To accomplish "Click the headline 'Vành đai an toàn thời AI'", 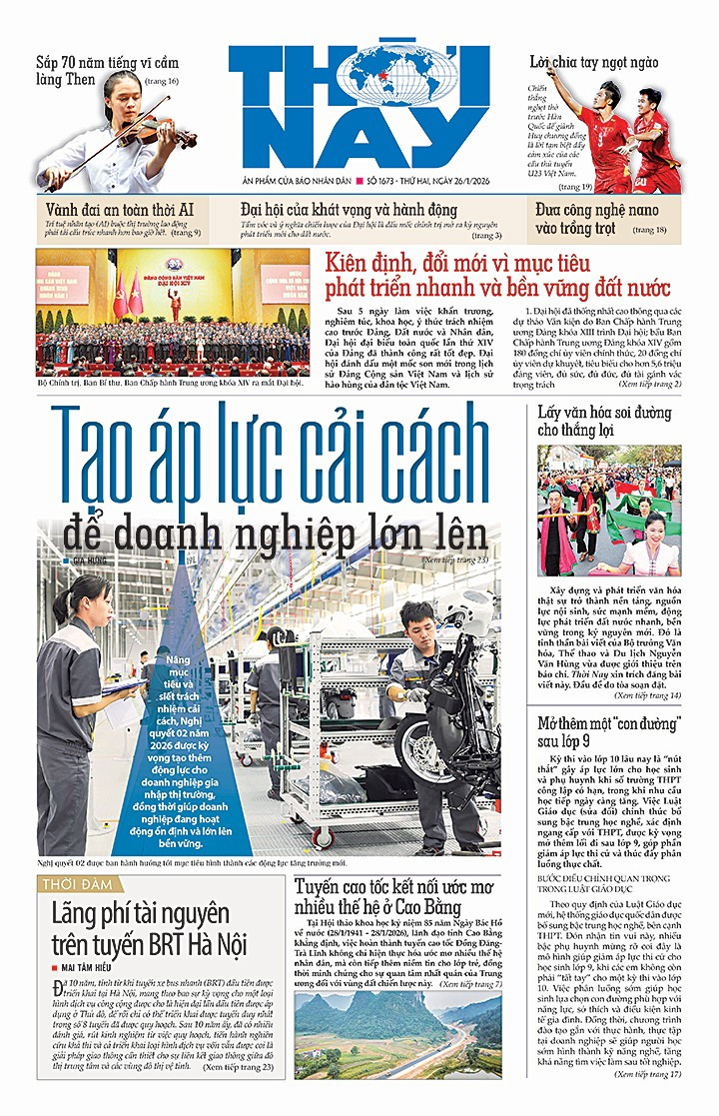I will pos(120,209).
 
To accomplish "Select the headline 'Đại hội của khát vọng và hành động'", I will pos(349,210).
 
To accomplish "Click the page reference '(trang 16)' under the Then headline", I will pos(159,81).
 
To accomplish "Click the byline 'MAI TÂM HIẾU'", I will pos(101,967).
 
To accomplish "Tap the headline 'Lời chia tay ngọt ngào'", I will pos(593,62).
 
